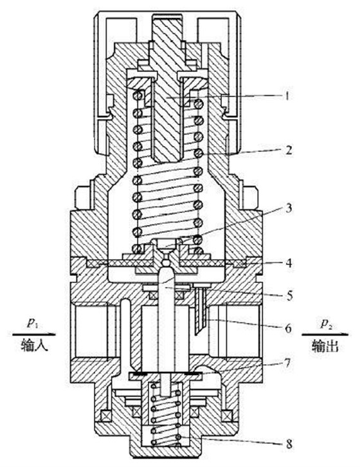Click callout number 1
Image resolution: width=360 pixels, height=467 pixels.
[287, 96]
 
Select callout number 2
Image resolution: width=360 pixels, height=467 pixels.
[288, 151]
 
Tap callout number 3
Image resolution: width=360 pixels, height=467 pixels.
[289, 208]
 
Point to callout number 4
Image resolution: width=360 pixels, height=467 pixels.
[289, 263]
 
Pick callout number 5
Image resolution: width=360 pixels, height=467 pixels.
[289, 296]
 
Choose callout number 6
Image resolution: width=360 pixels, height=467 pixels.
[288, 329]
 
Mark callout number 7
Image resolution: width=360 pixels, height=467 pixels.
[287, 363]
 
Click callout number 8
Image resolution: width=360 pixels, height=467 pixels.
[289, 444]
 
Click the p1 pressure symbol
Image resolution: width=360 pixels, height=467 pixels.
[33, 324]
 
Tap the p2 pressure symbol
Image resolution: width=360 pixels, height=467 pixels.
[326, 324]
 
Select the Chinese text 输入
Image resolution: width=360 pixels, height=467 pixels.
[34, 346]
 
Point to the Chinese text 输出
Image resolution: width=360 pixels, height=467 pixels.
[325, 346]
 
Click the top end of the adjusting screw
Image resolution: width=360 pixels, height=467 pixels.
[166, 15]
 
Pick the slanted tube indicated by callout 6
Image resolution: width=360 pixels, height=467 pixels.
[199, 310]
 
